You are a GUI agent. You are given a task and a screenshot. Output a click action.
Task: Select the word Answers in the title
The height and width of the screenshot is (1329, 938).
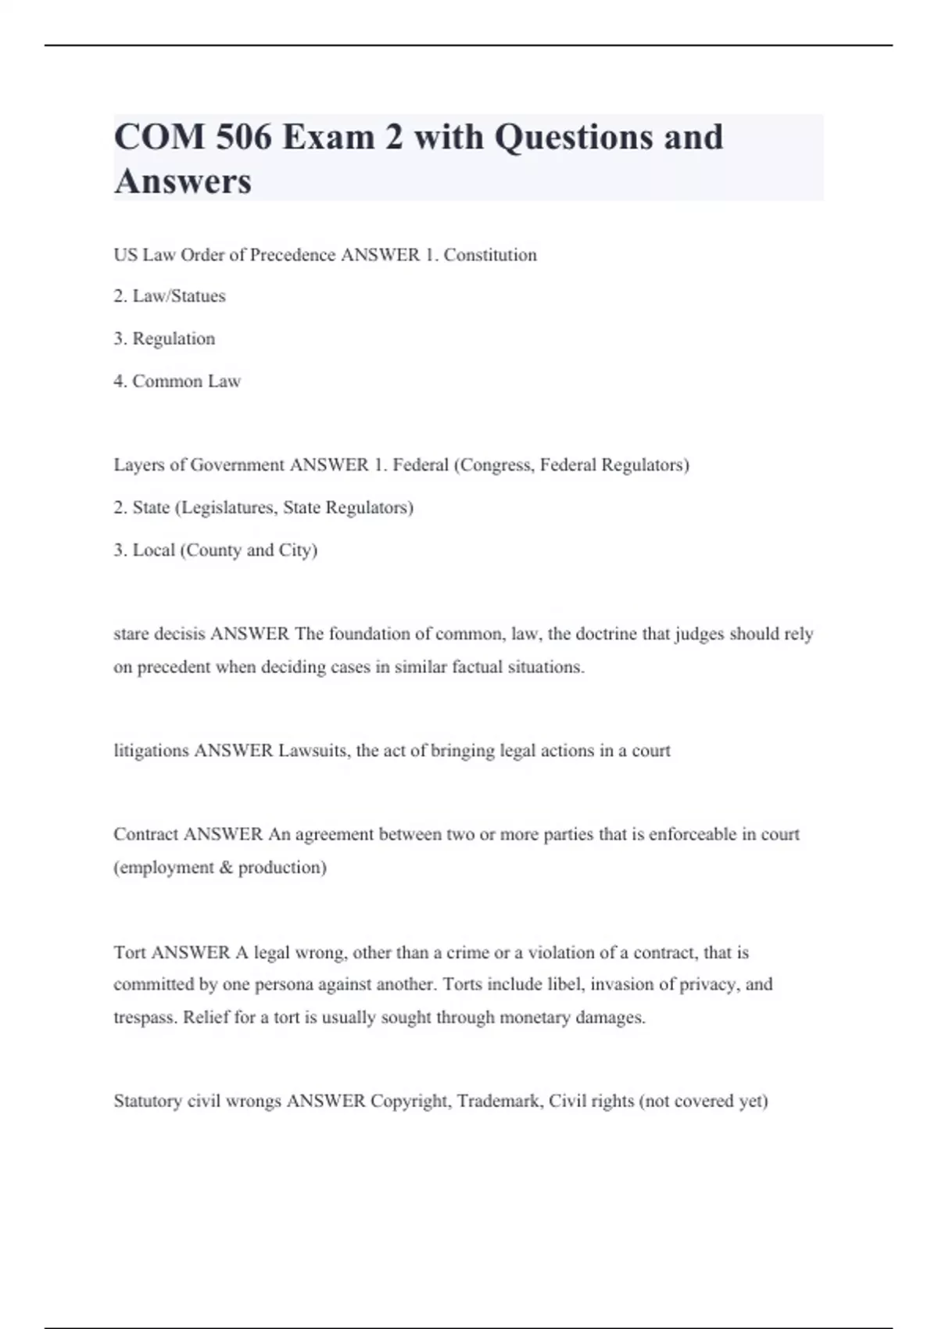pos(183,181)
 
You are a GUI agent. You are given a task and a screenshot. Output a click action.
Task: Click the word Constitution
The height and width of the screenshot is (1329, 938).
pos(490,255)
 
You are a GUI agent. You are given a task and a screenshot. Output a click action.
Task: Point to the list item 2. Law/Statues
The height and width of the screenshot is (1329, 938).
pos(170,296)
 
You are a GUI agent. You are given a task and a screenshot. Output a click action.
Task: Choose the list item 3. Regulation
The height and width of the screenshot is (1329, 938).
pos(164,339)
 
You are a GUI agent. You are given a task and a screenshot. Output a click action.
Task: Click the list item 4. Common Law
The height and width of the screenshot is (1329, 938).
pos(177,382)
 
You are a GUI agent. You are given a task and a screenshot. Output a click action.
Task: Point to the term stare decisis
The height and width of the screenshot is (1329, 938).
pos(159,634)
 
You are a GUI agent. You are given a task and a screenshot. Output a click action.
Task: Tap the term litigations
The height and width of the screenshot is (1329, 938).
pos(152,751)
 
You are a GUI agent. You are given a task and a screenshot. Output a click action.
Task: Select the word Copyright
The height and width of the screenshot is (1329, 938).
pos(409,1102)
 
